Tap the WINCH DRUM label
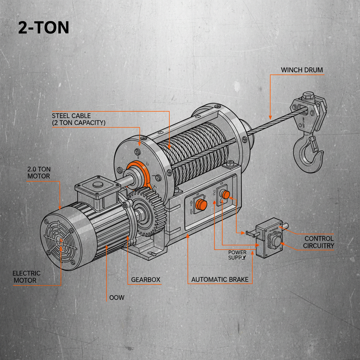(302, 70)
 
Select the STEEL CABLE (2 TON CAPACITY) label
(78, 119)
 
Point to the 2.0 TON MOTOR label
(39, 173)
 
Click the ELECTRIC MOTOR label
(26, 277)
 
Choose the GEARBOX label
(146, 280)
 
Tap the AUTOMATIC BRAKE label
(220, 280)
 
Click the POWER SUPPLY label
(237, 255)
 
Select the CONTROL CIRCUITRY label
(319, 242)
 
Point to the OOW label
(117, 298)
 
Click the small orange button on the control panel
(225, 194)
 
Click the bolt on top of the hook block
(307, 95)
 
